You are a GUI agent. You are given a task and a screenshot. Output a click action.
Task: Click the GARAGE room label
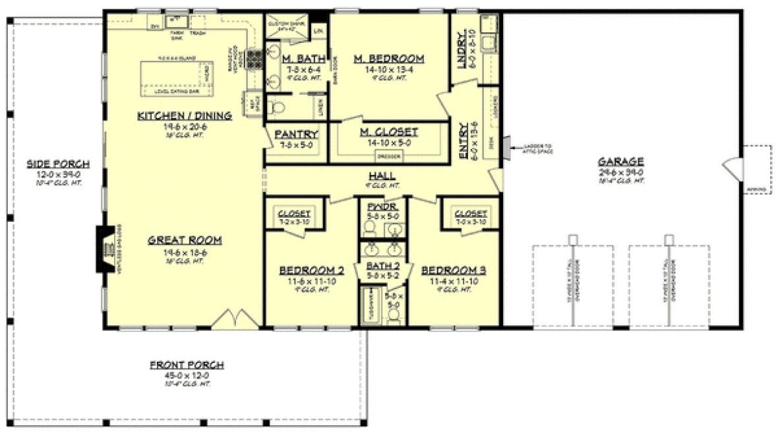click(620, 161)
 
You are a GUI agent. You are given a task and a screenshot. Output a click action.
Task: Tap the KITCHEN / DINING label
click(185, 116)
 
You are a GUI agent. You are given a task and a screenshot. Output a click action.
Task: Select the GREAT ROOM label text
click(185, 240)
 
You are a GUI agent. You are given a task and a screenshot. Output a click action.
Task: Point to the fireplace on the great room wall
click(104, 249)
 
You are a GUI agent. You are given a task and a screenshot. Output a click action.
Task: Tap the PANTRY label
click(297, 134)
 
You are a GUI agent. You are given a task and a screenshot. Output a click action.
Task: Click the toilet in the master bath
click(277, 106)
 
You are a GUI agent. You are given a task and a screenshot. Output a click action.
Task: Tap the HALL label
click(382, 176)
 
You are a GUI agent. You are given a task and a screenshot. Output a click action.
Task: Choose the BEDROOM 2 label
click(312, 271)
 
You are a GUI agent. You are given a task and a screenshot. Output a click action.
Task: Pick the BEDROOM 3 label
click(454, 271)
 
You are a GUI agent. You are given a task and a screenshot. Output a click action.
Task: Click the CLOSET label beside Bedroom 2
click(295, 214)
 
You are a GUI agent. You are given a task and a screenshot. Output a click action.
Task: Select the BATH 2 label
click(382, 266)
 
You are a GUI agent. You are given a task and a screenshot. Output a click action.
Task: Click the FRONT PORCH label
click(187, 365)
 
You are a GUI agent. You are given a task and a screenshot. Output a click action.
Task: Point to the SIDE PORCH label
click(58, 164)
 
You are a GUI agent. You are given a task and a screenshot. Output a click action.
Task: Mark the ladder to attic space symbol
click(505, 148)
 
